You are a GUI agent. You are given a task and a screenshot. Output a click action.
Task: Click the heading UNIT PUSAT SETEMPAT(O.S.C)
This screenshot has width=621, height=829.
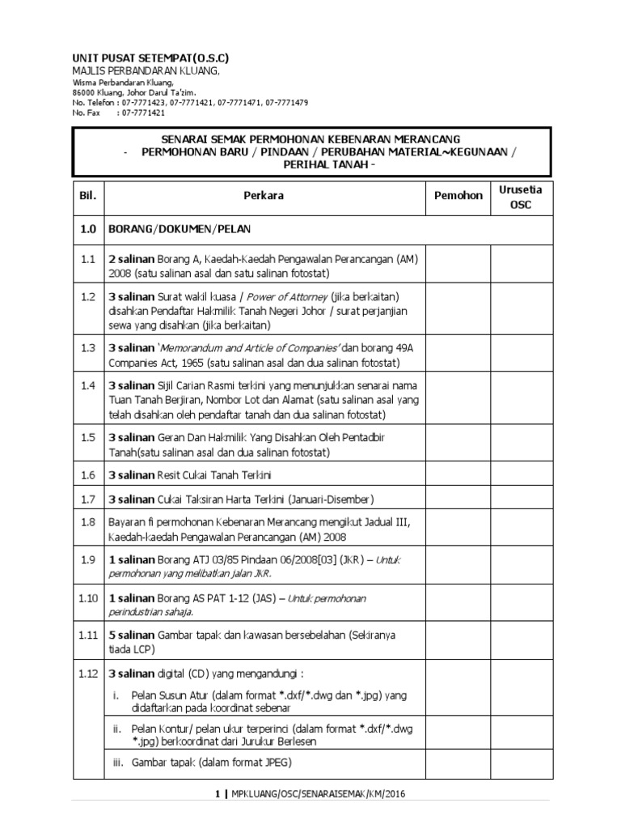coord(150,59)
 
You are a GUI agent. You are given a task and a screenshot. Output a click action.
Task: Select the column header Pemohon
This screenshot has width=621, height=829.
coord(458,195)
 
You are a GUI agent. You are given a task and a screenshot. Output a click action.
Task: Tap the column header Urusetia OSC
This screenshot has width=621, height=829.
coord(521,196)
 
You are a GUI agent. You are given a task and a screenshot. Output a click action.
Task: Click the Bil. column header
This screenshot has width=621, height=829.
coord(87,195)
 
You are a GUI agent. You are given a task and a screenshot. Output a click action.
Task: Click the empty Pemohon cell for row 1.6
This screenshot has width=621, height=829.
coord(458,474)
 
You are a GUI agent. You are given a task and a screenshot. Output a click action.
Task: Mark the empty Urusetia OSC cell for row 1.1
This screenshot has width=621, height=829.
coord(521,266)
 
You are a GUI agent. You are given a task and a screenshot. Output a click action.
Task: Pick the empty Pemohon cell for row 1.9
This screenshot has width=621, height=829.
coord(458,567)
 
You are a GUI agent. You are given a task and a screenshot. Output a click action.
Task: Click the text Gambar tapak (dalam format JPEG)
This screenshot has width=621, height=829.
coord(210,763)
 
